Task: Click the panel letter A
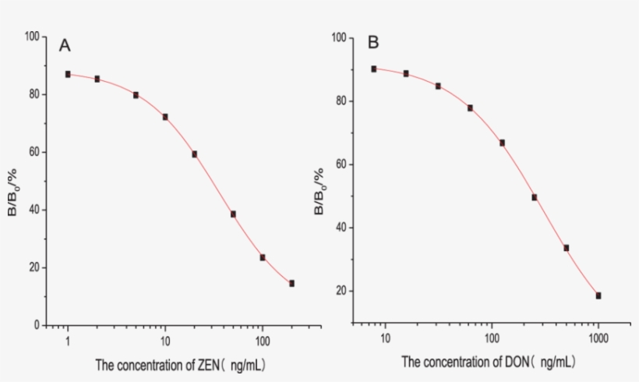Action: [65, 45]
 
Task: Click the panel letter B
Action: [373, 42]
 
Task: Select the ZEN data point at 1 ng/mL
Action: [68, 74]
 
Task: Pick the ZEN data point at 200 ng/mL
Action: [291, 283]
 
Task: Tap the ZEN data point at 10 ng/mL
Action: [165, 117]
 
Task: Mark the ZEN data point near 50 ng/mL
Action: [233, 214]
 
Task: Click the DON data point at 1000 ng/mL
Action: [598, 295]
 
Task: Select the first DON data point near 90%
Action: [374, 69]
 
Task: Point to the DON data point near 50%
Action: [535, 197]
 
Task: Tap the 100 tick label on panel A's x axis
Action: [262, 341]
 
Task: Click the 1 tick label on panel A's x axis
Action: [68, 341]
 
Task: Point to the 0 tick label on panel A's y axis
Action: [35, 325]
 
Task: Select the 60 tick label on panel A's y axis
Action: [32, 152]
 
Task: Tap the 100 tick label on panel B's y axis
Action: [338, 37]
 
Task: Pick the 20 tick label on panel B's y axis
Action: [341, 291]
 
